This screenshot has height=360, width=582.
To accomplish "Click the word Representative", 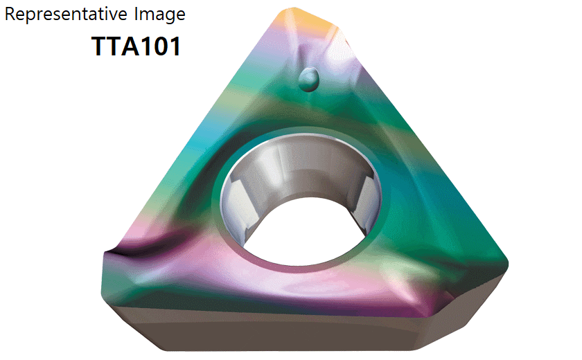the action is coord(66,14).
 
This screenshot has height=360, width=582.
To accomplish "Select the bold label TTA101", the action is coord(136,46).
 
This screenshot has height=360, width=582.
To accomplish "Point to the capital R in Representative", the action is coord(10,14).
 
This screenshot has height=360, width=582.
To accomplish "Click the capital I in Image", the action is coord(136,14).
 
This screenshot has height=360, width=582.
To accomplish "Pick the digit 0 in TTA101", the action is coord(157,46).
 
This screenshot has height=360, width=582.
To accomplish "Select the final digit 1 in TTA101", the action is coord(173,46).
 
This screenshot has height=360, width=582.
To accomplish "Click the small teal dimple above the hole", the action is coord(308,80).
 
